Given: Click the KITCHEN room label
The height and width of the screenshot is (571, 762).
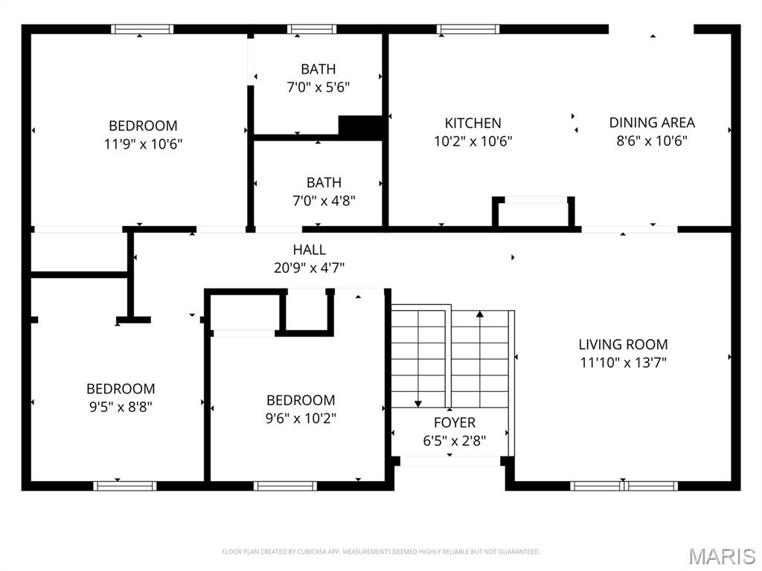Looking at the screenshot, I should click(473, 123).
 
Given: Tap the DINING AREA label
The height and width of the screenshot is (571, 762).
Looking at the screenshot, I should click(652, 123).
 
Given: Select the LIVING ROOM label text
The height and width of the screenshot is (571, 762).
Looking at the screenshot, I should click(623, 344).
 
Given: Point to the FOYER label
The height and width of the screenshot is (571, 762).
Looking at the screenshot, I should click(454, 422).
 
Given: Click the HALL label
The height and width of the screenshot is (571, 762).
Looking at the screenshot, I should click(309, 250).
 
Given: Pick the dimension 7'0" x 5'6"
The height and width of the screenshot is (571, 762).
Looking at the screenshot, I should click(318, 87).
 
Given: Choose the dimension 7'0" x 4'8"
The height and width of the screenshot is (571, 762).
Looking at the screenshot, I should click(324, 200).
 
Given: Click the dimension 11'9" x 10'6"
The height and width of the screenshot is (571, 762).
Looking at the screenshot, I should click(143, 143).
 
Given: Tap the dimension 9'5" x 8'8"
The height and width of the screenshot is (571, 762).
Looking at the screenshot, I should click(121, 407).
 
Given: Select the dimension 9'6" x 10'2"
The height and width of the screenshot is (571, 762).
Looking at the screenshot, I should click(301, 418).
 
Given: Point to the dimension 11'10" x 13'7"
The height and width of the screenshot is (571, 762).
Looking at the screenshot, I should click(623, 363).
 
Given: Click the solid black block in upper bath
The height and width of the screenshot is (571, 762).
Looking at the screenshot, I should click(361, 126).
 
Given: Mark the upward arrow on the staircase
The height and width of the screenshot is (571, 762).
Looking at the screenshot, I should click(480, 315).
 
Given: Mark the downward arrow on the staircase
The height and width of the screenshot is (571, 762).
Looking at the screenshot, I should click(419, 401).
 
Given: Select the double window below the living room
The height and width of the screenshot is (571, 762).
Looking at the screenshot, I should click(624, 485).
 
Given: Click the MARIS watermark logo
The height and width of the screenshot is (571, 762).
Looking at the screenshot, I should click(721, 556).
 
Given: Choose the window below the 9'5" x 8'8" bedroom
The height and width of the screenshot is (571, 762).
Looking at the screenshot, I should click(124, 485).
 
